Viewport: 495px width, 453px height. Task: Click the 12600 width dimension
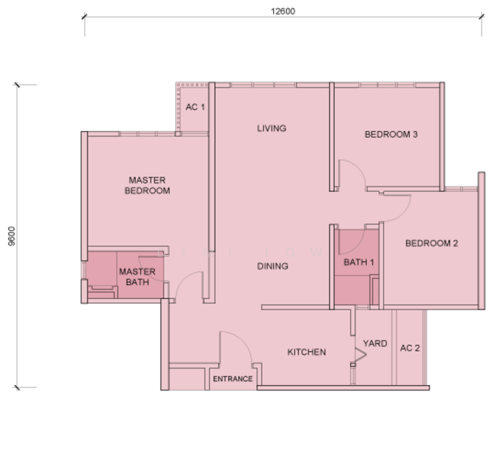coord(283,11)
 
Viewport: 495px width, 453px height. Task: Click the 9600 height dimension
coord(11,236)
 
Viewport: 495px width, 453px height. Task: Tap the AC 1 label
coord(195,107)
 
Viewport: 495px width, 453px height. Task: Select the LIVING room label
coord(272,128)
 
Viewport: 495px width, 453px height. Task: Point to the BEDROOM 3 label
coord(391,134)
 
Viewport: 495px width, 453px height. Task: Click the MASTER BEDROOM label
coord(147,186)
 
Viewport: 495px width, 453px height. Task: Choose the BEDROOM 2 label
coord(432,243)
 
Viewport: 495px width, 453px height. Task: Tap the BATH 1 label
coord(358,262)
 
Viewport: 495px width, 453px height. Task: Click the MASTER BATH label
coord(137,277)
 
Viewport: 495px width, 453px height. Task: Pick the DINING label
coord(272,267)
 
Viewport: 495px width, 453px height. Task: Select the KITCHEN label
coord(306,353)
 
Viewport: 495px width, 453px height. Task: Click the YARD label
coord(375,344)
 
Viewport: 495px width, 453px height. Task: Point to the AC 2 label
coord(410,348)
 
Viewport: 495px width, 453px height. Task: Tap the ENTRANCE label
coord(233,379)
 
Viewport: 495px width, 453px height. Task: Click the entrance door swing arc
coord(243,341)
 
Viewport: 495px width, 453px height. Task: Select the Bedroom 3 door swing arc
coord(358,167)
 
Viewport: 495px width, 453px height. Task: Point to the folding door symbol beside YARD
coord(360,354)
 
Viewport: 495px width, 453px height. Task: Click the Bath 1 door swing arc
coord(358,247)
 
